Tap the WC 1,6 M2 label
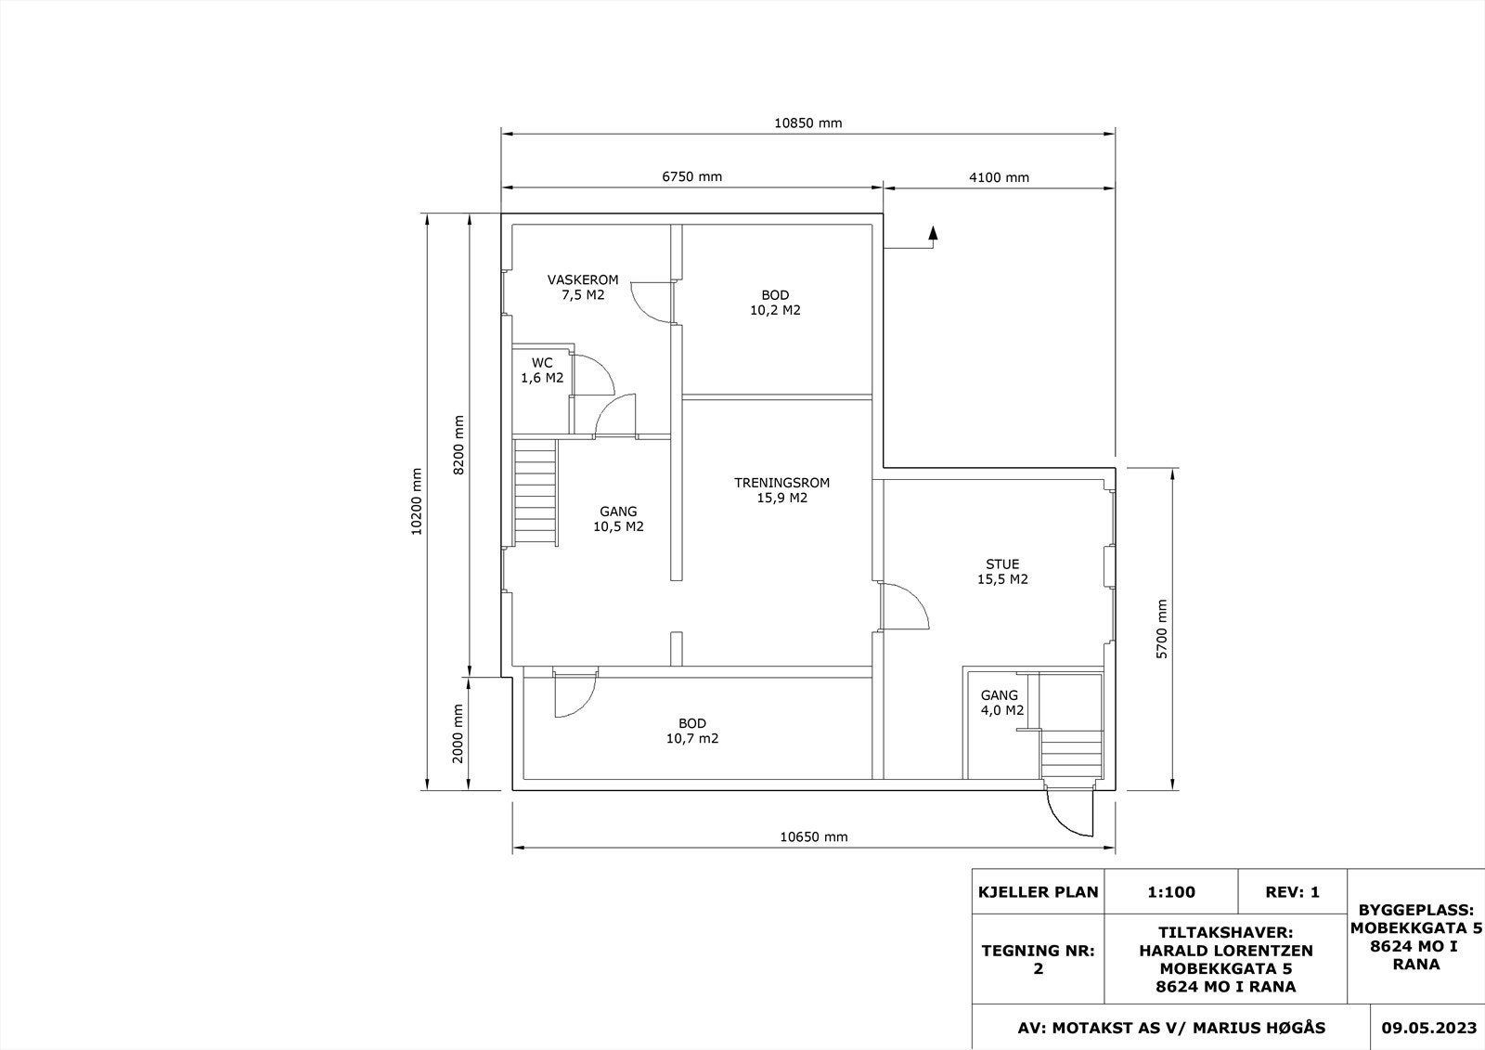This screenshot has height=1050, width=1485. click(542, 370)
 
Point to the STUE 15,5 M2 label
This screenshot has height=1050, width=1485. click(1002, 571)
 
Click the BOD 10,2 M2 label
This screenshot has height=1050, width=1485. click(775, 303)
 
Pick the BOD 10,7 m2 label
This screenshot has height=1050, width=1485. click(692, 731)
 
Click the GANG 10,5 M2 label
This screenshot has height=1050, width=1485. click(618, 519)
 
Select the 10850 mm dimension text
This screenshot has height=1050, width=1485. click(808, 123)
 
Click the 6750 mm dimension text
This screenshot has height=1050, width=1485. click(692, 176)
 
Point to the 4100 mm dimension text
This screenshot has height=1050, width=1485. click(999, 177)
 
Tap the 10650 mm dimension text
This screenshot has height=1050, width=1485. click(813, 836)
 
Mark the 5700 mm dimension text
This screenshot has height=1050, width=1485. click(1161, 629)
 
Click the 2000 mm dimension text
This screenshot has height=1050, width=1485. click(458, 733)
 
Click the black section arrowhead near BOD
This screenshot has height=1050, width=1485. click(933, 232)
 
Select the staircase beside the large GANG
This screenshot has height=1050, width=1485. click(535, 492)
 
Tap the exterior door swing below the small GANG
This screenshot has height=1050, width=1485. click(1068, 813)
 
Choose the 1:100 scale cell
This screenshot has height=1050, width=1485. click(1171, 892)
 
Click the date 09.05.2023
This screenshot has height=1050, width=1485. click(1428, 1028)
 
